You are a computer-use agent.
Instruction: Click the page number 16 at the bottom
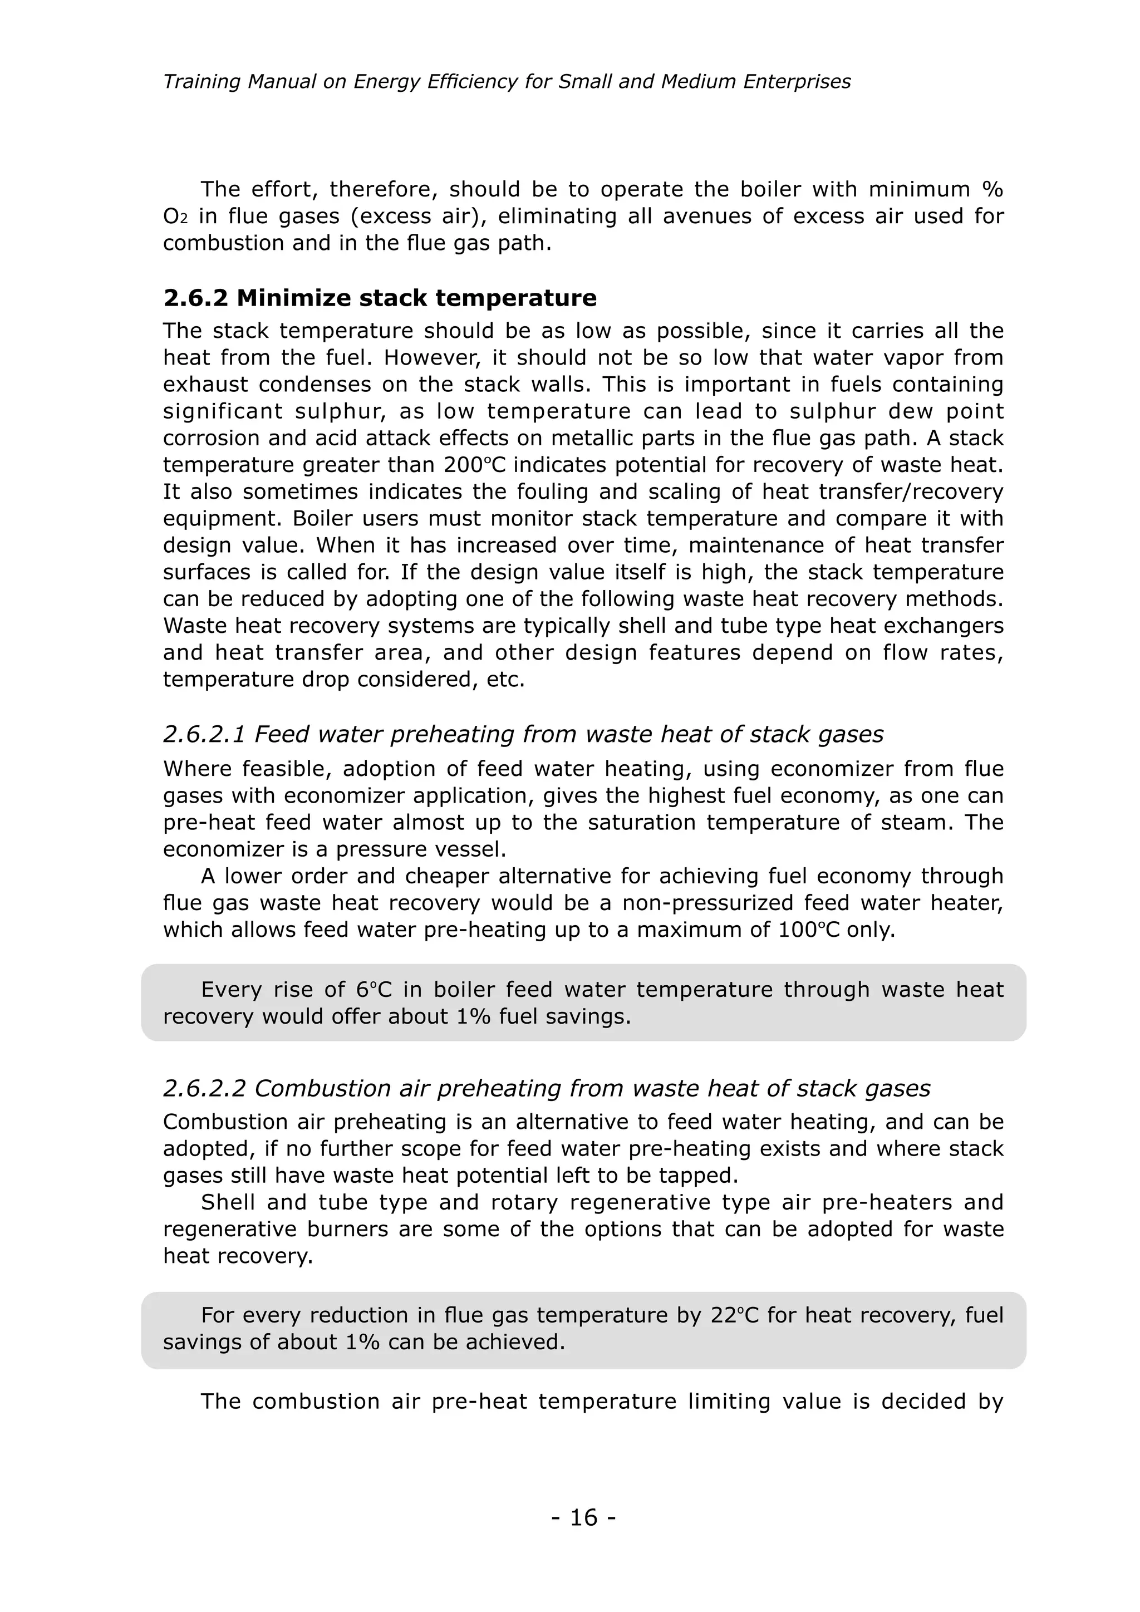click(x=583, y=1517)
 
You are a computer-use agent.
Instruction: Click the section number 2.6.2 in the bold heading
click(x=196, y=298)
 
